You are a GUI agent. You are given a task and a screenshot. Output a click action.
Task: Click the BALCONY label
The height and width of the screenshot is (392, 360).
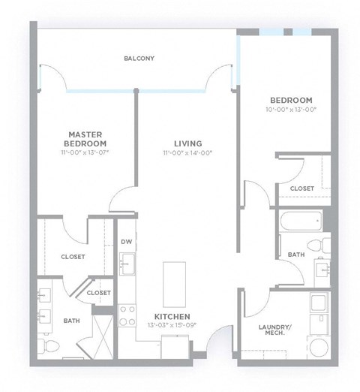tap(139, 58)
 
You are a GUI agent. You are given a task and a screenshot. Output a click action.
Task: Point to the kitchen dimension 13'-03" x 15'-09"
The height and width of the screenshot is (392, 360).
tap(172, 326)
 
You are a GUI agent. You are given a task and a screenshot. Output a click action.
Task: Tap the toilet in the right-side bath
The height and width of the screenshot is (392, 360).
tap(322, 243)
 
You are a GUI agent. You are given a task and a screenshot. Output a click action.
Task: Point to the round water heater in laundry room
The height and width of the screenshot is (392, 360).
tap(318, 348)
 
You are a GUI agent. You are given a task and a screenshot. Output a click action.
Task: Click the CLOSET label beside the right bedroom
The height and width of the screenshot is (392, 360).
tap(301, 188)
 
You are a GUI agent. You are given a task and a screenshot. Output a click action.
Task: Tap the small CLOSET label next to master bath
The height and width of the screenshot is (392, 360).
tap(98, 292)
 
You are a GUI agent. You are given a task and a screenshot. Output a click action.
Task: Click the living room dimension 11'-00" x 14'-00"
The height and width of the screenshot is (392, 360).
tap(188, 152)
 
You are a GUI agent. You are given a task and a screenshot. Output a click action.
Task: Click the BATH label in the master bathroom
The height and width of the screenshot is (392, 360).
tap(71, 321)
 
